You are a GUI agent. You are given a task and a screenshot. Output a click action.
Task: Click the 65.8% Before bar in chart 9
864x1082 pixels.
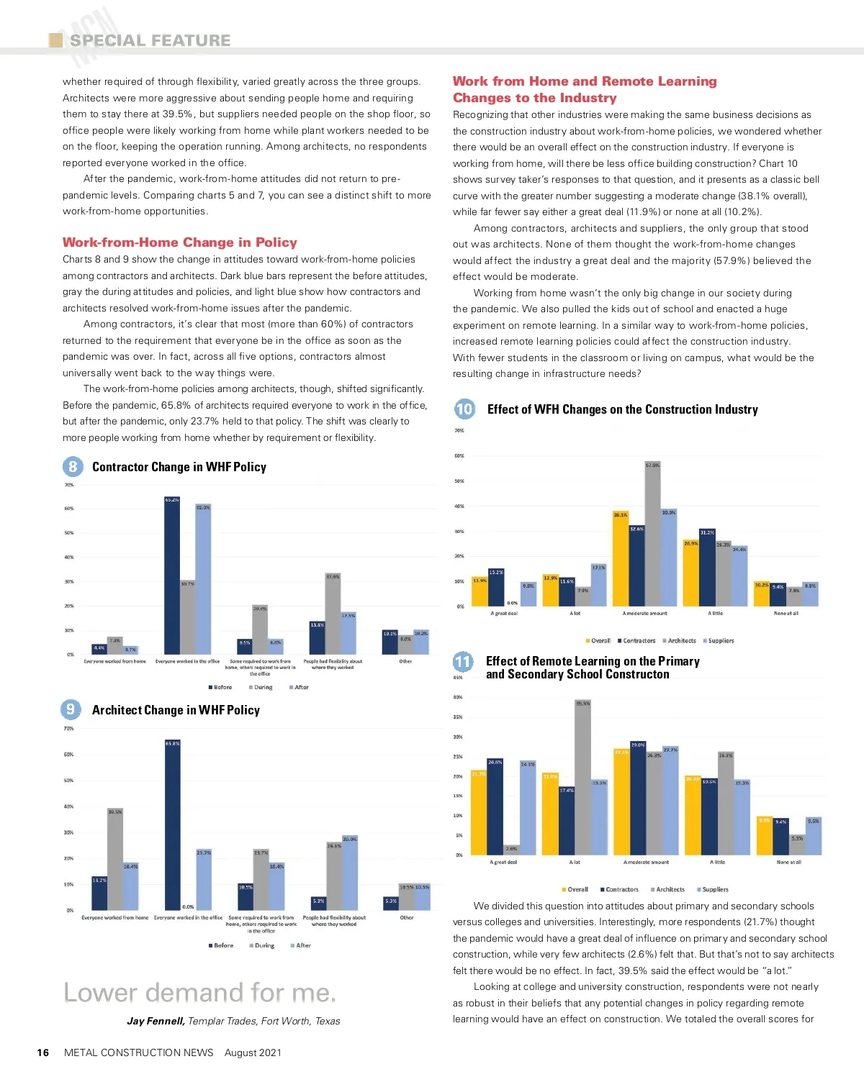[172, 825]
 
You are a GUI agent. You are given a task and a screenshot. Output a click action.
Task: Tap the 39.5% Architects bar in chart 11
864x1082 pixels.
[582, 777]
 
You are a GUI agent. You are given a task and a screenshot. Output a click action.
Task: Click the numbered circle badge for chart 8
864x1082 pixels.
[72, 467]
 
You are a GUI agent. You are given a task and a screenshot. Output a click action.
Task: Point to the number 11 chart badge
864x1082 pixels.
[463, 662]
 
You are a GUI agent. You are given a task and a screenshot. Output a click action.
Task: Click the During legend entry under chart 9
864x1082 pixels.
[261, 945]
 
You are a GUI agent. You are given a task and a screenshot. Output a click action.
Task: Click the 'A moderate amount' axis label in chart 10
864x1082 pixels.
[644, 614]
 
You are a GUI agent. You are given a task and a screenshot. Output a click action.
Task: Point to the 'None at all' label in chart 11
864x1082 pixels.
[788, 862]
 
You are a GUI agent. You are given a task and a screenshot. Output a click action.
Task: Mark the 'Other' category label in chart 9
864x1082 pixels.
[407, 917]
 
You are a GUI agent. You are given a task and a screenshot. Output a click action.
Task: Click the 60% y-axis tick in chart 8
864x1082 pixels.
[69, 509]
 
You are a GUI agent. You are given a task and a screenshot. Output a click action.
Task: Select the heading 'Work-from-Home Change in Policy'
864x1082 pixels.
[179, 242]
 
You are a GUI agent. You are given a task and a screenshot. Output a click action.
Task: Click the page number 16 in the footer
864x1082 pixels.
[43, 1053]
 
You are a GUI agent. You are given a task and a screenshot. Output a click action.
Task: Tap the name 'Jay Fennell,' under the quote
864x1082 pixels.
[156, 1021]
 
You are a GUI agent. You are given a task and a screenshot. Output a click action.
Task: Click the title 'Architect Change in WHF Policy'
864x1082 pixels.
[176, 710]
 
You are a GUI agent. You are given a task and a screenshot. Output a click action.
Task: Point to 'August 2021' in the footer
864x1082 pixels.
[253, 1053]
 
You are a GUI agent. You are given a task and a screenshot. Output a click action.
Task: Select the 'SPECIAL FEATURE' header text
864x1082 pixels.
[150, 40]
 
